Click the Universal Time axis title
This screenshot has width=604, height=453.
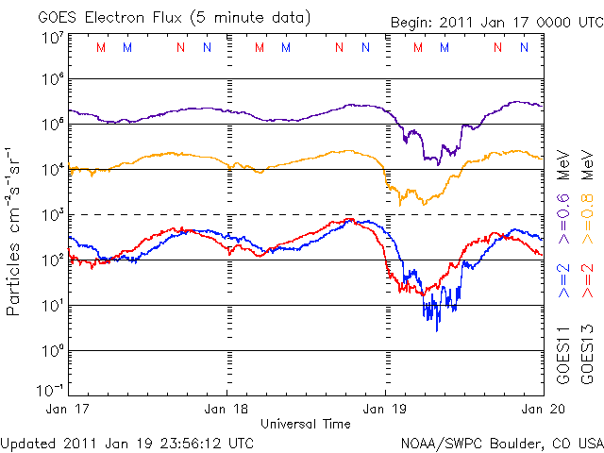306,424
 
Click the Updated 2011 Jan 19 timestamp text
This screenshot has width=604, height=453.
127,442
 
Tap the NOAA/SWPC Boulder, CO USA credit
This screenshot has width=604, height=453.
501,442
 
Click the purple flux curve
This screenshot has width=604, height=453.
283,119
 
